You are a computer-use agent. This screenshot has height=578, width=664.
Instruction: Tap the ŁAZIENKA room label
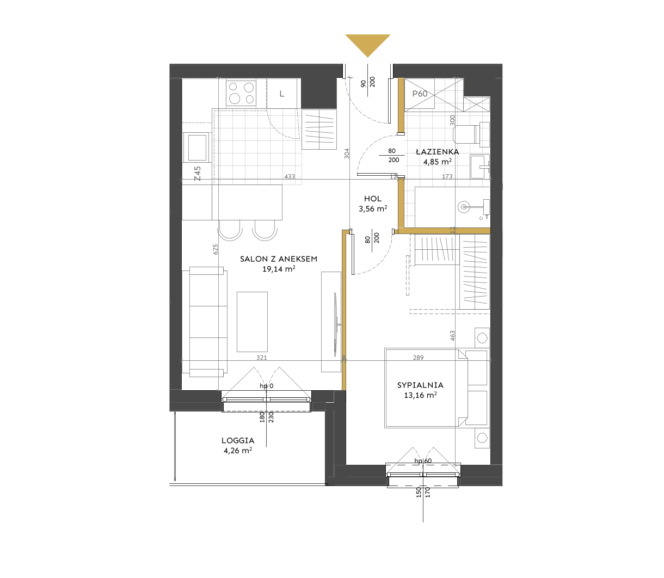pos(438,151)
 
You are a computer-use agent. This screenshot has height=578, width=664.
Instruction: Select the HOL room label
pos(373,198)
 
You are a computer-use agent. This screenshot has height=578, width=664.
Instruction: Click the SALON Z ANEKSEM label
pos(279,259)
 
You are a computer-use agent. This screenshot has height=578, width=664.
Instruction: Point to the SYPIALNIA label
pos(420,385)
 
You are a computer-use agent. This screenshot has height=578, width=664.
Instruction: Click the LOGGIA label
pos(238,440)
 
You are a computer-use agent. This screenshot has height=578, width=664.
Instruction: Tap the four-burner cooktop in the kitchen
pos(241,93)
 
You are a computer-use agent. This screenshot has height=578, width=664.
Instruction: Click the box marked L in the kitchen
pos(282,94)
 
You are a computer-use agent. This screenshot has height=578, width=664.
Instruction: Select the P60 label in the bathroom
pos(420,94)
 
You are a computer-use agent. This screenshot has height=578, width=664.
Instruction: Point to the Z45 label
pos(198,174)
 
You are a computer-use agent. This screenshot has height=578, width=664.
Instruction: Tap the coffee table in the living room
pos(252,322)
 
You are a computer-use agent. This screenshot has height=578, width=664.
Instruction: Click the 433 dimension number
pos(290,176)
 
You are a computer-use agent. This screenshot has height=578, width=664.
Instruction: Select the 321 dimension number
pos(262,358)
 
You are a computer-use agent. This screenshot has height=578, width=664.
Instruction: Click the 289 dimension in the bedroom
pos(419,358)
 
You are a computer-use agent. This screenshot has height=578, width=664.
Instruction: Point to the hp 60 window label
pos(423,461)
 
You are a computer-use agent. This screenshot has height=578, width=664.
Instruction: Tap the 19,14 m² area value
pos(279,269)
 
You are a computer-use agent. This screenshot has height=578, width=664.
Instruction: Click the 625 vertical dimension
pos(216,249)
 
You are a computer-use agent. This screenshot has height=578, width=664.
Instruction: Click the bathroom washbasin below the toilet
pos(480,167)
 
